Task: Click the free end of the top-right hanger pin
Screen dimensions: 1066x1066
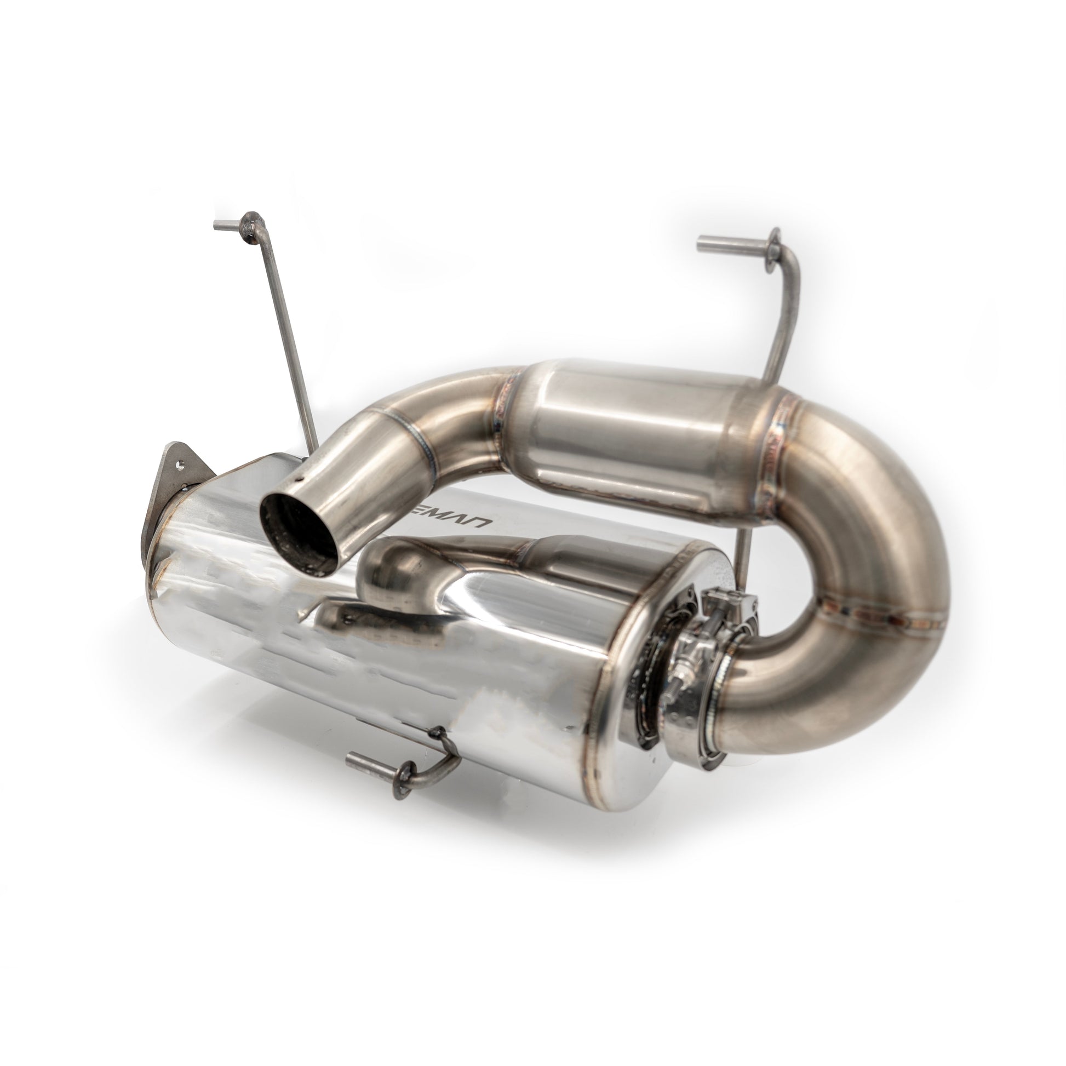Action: (702, 242)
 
